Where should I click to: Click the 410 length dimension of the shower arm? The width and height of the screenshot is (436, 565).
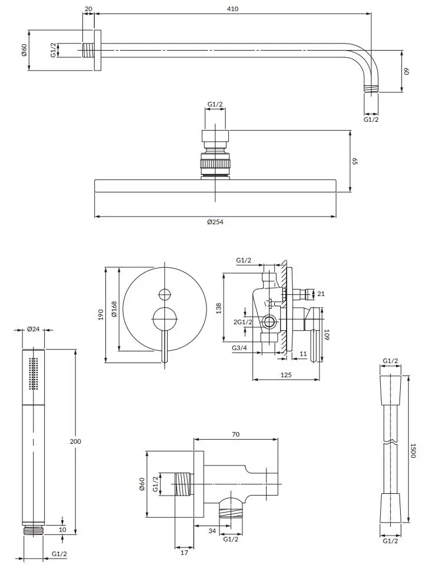click(233, 9)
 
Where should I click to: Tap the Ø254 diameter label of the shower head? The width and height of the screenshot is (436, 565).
click(215, 222)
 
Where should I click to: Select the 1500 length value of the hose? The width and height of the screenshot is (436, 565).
click(413, 451)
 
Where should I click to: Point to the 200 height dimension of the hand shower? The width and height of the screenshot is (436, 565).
click(76, 441)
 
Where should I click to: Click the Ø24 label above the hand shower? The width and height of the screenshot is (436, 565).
click(34, 328)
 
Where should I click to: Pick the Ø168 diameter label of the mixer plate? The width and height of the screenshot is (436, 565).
click(114, 309)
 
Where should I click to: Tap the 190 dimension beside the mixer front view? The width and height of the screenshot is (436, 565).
click(101, 314)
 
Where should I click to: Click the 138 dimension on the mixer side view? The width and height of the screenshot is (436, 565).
click(218, 308)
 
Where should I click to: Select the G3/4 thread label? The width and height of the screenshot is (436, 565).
click(239, 348)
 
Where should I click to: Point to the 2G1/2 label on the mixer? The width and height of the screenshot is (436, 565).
click(243, 322)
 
